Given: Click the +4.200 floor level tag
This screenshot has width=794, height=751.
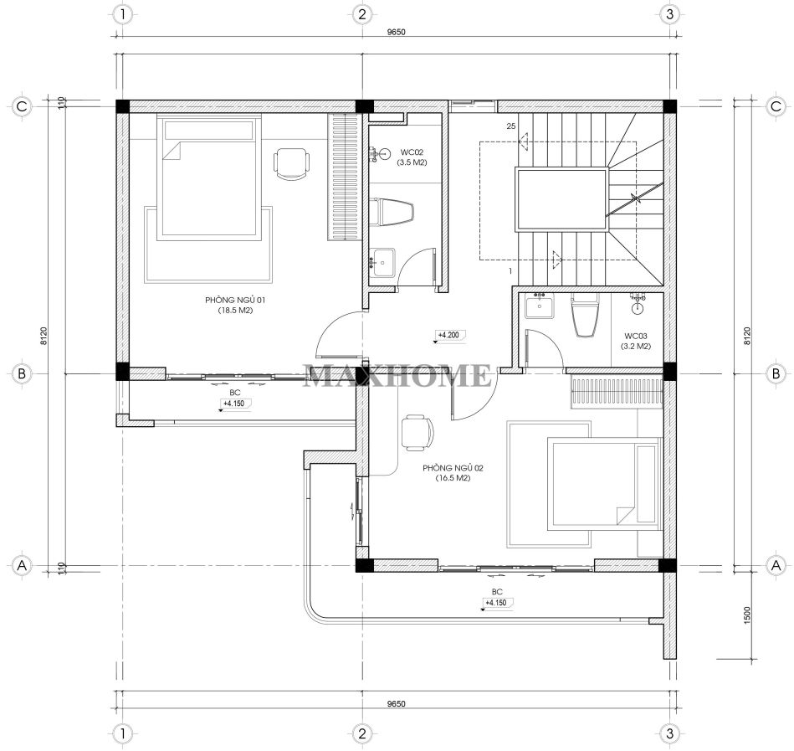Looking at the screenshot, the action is point(448,335).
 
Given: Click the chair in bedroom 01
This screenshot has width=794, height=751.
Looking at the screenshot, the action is point(291,163).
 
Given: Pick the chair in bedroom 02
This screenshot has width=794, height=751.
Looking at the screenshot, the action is point(417,433).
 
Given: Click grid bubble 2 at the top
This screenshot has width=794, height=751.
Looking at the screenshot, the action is point(361,14).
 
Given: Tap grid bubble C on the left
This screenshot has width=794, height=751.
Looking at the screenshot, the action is point(22,106).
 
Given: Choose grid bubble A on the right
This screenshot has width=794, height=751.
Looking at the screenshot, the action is point(776,565).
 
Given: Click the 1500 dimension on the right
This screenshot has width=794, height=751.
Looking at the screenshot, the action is point(748,615).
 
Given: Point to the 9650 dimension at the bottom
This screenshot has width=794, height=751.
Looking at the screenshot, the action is point(396,704).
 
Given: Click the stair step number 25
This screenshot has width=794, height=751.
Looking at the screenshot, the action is point(511,126).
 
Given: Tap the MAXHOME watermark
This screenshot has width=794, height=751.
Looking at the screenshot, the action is point(397,375).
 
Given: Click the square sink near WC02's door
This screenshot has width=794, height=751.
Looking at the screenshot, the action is point(382,263).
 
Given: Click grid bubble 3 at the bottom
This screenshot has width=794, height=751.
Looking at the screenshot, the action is point(669,733).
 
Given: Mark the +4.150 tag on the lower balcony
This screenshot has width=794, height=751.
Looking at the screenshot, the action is point(497,603).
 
